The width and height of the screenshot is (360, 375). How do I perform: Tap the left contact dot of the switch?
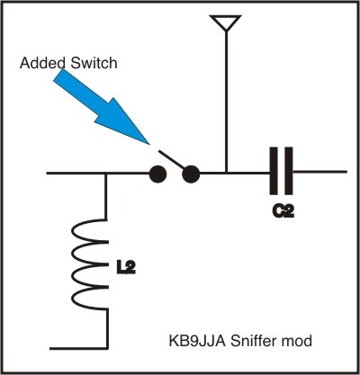click(157, 174)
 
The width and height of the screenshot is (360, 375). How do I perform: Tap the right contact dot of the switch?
click(191, 174)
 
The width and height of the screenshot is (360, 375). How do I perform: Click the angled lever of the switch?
click(172, 159)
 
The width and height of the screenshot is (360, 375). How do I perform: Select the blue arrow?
click(102, 106)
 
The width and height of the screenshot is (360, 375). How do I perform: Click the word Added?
click(43, 63)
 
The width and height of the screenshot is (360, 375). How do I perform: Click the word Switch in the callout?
click(94, 63)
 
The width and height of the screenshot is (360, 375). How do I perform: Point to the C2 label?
click(283, 211)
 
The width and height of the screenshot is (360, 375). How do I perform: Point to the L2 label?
click(126, 268)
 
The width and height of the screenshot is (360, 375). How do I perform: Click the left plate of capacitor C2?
click(274, 171)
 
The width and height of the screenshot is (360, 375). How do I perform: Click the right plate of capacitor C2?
click(289, 171)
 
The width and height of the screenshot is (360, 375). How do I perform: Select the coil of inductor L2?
click(89, 264)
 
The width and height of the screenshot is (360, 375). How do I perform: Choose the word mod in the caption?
click(297, 341)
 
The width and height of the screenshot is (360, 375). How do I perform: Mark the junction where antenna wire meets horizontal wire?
click(227, 173)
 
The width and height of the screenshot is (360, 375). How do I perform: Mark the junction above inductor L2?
click(106, 174)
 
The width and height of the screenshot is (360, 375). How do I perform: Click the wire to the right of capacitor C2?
click(319, 172)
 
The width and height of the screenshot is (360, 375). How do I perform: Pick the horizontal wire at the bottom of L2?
click(78, 348)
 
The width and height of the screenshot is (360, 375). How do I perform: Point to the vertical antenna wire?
click(227, 102)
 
